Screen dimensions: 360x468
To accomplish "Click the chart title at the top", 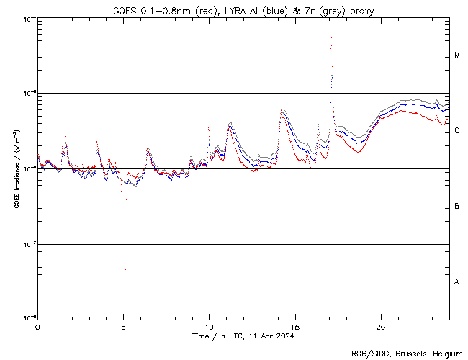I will (243, 10).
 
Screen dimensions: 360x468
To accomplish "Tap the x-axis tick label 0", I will (37, 326).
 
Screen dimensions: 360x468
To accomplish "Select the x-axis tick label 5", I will (123, 326).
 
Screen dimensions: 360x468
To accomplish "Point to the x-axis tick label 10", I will (209, 326).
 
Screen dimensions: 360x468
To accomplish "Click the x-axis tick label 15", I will (294, 326).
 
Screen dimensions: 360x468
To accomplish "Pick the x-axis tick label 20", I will (380, 326).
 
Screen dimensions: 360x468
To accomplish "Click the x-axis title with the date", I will (243, 336).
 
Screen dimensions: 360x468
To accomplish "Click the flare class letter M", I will (457, 55).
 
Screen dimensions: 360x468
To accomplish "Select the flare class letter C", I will (457, 131).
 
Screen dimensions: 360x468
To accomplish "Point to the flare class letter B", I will (457, 207).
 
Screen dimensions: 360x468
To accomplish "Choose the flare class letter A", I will (457, 282).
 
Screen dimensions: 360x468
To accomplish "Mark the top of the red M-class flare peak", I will (331, 38).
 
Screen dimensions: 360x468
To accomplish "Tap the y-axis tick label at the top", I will (27, 19).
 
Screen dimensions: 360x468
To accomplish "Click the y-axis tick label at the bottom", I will (27, 318).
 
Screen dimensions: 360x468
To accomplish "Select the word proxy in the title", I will (361, 10).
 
